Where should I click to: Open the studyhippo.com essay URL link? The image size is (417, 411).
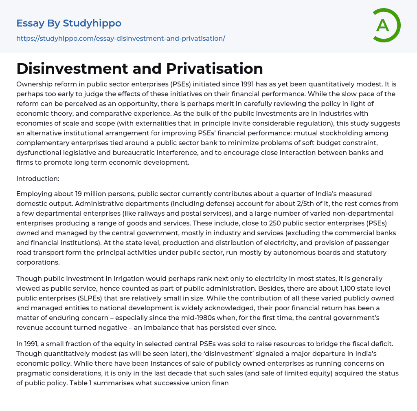pyautogui.click(x=121, y=38)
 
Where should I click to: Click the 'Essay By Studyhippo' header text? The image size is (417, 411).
pyautogui.click(x=69, y=23)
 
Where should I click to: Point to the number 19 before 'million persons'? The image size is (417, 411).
pyautogui.click(x=79, y=193)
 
